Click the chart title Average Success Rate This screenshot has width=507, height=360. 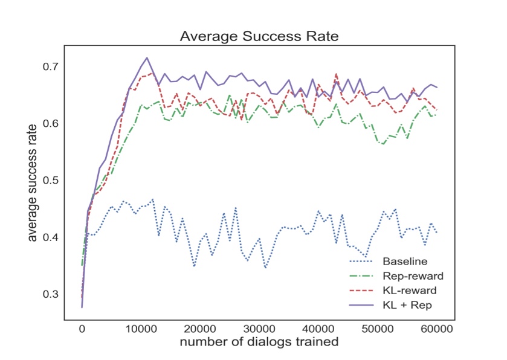tap(259, 36)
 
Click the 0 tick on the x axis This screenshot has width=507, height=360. tap(82, 328)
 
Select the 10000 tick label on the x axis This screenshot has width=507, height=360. tap(141, 328)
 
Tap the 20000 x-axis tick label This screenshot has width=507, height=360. tap(200, 328)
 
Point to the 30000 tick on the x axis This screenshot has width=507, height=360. tap(259, 328)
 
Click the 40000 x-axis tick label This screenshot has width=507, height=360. tap(318, 328)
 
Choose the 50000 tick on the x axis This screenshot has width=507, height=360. tap(378, 328)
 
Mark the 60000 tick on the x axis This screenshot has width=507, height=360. tap(437, 328)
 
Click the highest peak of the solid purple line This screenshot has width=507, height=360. tap(147, 58)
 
